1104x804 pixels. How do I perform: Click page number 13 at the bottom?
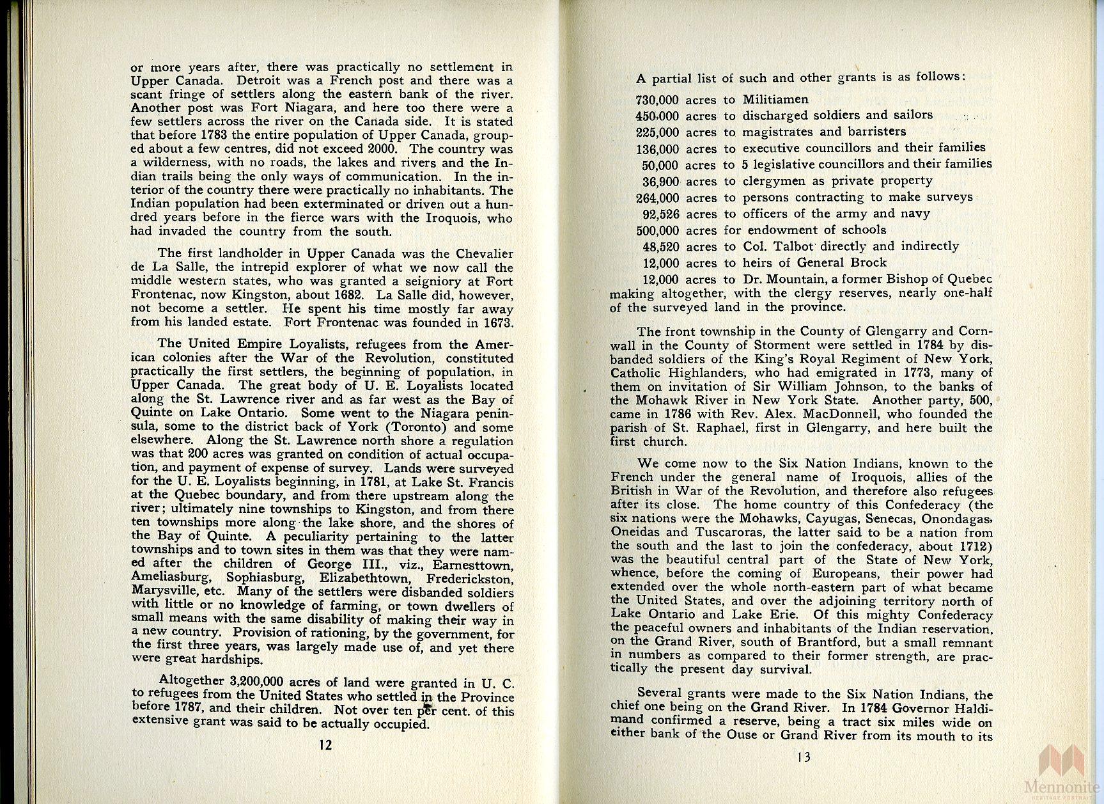[x=804, y=757]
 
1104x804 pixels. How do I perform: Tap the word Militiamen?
[x=775, y=100]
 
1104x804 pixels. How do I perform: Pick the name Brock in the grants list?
[x=868, y=262]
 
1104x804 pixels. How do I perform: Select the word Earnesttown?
[x=472, y=565]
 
